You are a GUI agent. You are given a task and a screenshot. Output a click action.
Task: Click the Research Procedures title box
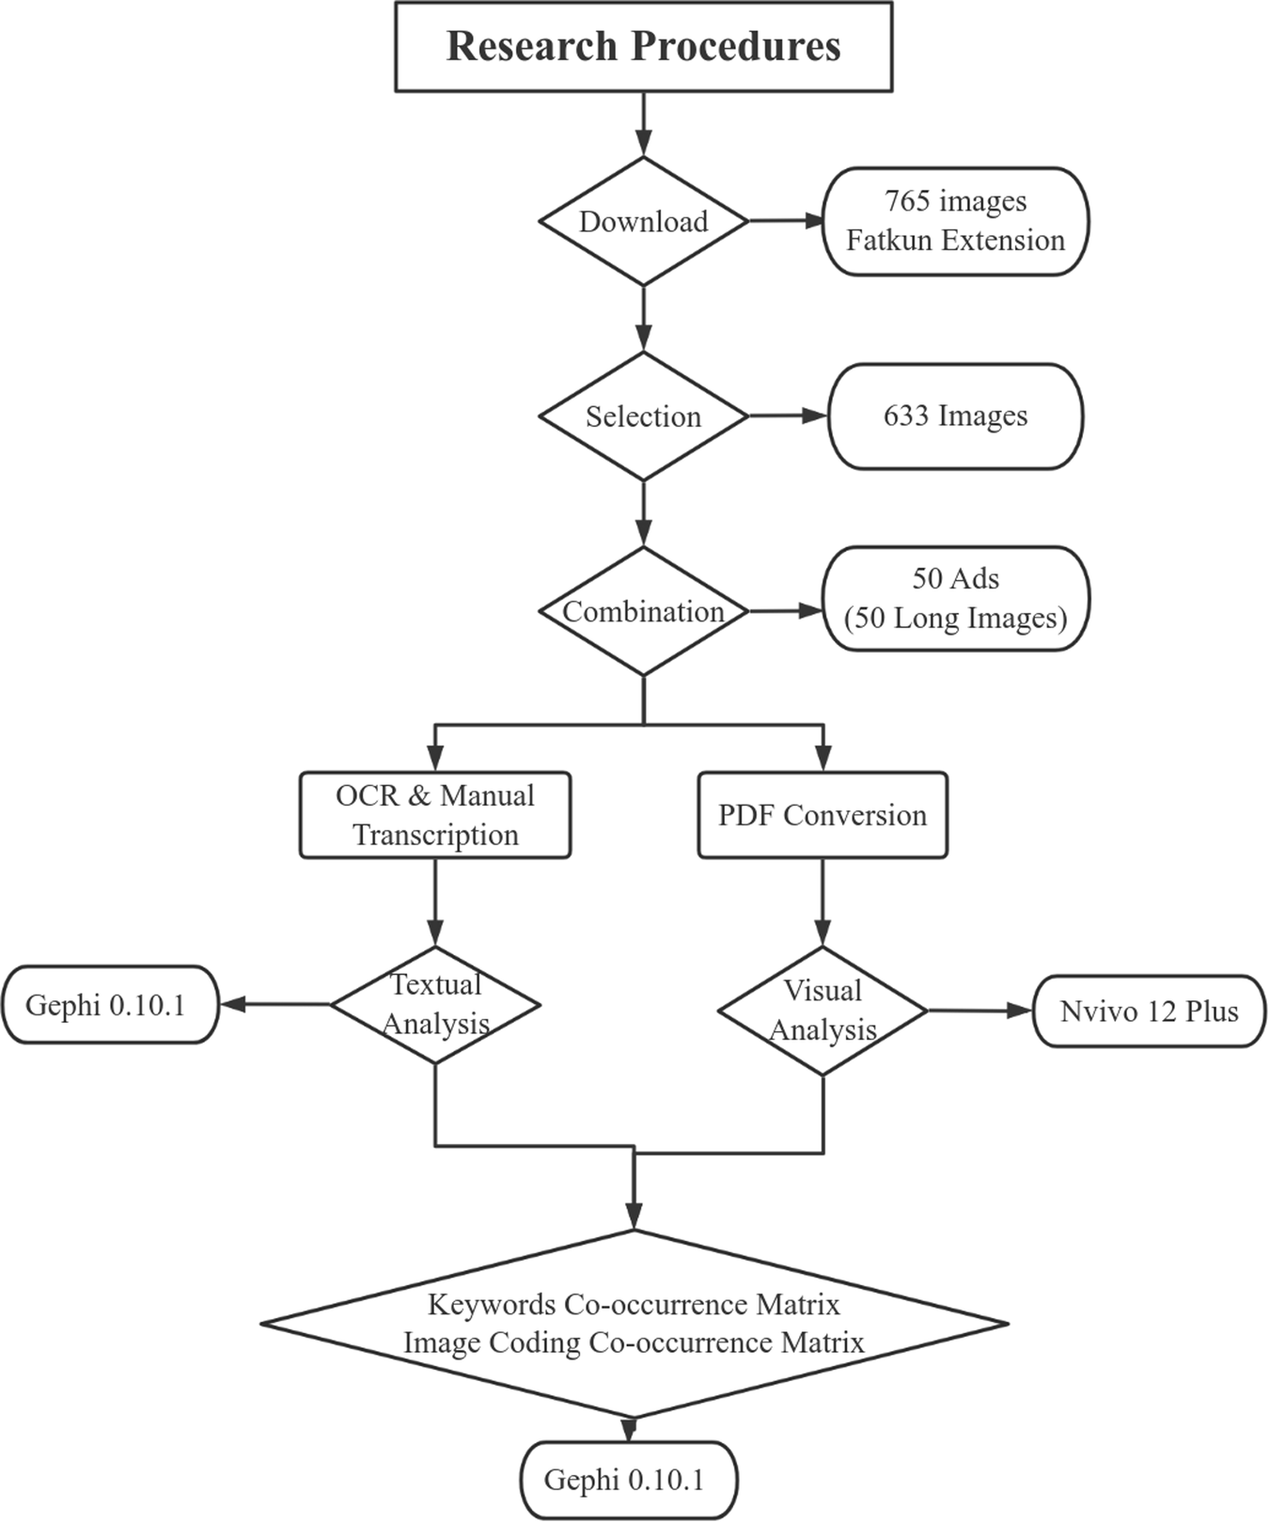[643, 47]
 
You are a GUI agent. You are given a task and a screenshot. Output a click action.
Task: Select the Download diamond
[643, 222]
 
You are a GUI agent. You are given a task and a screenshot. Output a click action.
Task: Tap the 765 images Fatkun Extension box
[955, 222]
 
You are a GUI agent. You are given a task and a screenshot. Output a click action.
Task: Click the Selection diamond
[643, 416]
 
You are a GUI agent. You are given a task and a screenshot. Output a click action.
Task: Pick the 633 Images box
[955, 416]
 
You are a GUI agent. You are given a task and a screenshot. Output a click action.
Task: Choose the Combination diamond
[643, 611]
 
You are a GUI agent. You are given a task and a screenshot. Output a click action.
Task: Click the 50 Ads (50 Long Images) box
[955, 599]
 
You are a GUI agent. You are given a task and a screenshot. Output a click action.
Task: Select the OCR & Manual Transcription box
[435, 815]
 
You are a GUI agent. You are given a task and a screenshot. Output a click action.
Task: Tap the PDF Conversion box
[822, 815]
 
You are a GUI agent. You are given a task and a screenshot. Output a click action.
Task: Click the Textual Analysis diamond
[435, 1005]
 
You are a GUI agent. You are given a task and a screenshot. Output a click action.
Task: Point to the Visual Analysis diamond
[822, 1011]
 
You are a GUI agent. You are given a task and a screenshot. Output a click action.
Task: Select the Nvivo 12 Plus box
[1149, 1012]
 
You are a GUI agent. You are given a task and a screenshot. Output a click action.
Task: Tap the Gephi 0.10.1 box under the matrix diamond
[628, 1480]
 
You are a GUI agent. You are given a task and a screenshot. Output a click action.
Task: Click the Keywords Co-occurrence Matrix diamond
[634, 1324]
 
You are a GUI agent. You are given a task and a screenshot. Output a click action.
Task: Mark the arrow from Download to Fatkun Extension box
[785, 222]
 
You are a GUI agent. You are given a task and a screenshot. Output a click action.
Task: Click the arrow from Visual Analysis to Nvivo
[979, 1011]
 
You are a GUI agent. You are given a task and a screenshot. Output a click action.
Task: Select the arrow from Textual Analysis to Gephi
[274, 1005]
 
